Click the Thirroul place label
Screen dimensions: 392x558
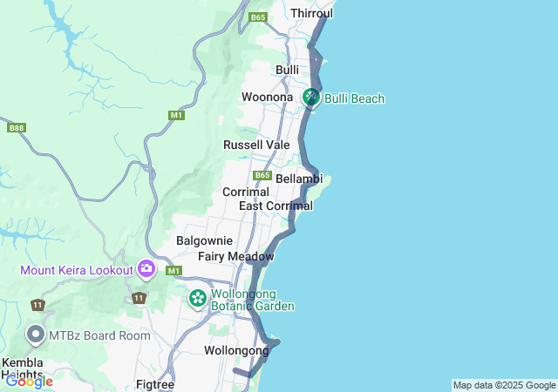coord(311,13)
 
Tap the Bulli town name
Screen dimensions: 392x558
coord(287,70)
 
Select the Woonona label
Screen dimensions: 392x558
coord(267,97)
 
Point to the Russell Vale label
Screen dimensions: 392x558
coord(256,145)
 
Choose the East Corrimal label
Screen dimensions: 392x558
coord(276,206)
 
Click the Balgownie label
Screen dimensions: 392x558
coord(204,240)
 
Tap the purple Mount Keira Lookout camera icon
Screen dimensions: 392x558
coord(146,269)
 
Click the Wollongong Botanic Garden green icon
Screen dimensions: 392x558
coord(198,299)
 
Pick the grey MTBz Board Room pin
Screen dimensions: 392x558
coord(36,335)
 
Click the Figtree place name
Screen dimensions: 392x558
coord(155,384)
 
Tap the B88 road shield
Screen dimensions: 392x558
coord(16,128)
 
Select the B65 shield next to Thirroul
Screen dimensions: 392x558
coord(257,17)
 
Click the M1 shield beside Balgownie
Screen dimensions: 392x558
coord(174,271)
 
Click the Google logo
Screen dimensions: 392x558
coord(29,382)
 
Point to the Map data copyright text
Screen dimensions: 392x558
coord(504,385)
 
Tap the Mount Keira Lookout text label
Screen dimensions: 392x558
coord(76,270)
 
